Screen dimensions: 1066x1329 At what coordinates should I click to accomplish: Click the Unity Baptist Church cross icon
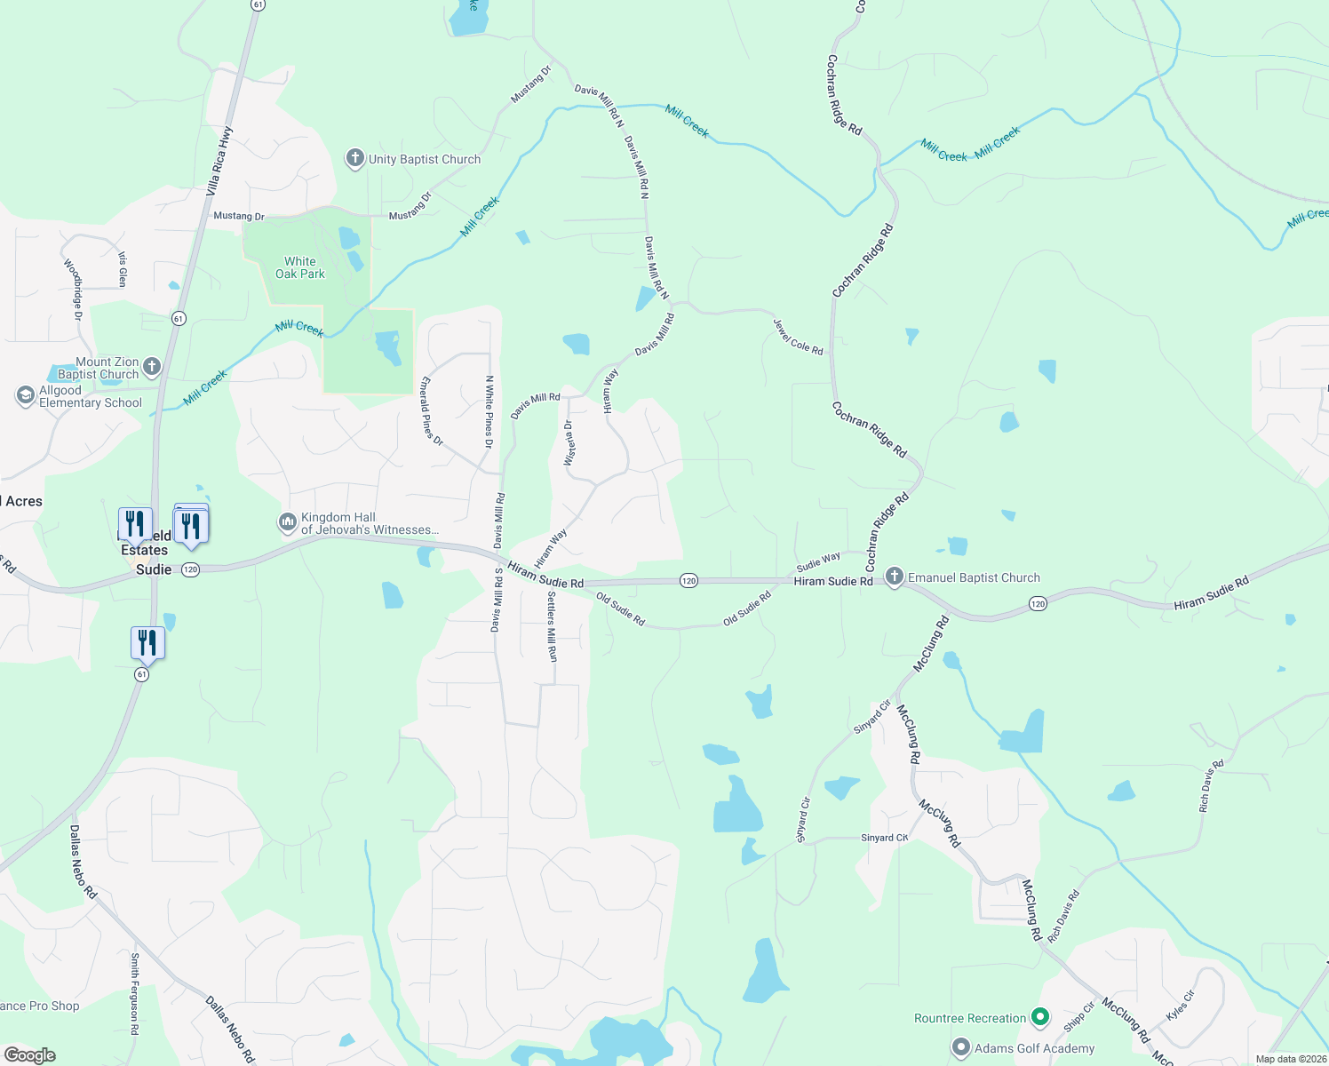click(354, 159)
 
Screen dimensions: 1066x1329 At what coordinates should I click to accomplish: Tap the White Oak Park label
click(300, 267)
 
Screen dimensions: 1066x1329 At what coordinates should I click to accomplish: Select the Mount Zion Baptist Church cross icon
click(152, 366)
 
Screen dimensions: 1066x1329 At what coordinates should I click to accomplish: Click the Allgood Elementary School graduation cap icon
click(26, 395)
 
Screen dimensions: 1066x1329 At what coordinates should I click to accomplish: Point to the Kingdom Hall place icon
click(287, 522)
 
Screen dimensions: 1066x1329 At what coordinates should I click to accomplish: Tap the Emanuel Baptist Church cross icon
click(895, 577)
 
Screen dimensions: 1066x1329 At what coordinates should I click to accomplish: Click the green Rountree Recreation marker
click(1040, 1017)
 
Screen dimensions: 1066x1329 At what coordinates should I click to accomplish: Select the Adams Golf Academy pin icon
click(960, 1047)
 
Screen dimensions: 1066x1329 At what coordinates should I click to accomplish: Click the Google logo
click(30, 1055)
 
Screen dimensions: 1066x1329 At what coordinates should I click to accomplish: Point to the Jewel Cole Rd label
click(798, 338)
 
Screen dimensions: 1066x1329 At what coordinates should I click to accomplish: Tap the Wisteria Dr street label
click(569, 443)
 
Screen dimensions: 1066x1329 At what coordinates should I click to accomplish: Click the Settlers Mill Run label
click(552, 626)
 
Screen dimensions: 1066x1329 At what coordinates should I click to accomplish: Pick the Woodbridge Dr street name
click(73, 290)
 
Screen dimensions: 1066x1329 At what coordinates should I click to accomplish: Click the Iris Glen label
click(123, 269)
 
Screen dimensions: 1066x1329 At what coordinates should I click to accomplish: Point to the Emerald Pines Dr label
click(432, 410)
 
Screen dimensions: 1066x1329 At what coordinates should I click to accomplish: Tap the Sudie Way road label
click(818, 561)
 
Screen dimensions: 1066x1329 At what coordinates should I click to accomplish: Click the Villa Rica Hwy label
click(219, 161)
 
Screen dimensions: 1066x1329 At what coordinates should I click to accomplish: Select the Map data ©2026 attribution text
click(1291, 1059)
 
